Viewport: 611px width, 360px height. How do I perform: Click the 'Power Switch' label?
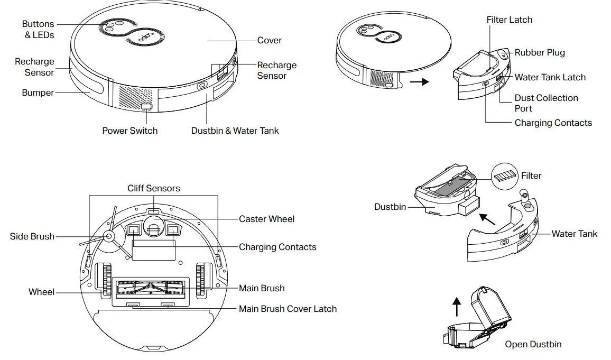pos(129,130)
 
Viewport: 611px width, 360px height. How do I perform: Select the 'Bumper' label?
pos(38,93)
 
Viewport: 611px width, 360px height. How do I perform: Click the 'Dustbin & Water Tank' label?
pos(235,130)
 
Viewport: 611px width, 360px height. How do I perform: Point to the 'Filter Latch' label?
pos(509,20)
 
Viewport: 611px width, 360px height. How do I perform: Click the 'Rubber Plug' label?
pos(539,52)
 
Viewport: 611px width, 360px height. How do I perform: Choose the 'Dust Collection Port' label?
pos(546,103)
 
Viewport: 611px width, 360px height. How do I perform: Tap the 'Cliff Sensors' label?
pos(153,188)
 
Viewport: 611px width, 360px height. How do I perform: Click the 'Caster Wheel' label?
pos(266,219)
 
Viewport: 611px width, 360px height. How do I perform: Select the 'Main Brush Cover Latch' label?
pos(288,309)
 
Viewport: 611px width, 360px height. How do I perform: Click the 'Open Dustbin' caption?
pos(533,344)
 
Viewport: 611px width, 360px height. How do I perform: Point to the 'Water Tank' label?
pos(574,234)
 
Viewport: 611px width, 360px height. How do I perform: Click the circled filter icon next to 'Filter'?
pos(505,176)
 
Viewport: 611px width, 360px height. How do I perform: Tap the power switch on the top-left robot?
pos(146,107)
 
